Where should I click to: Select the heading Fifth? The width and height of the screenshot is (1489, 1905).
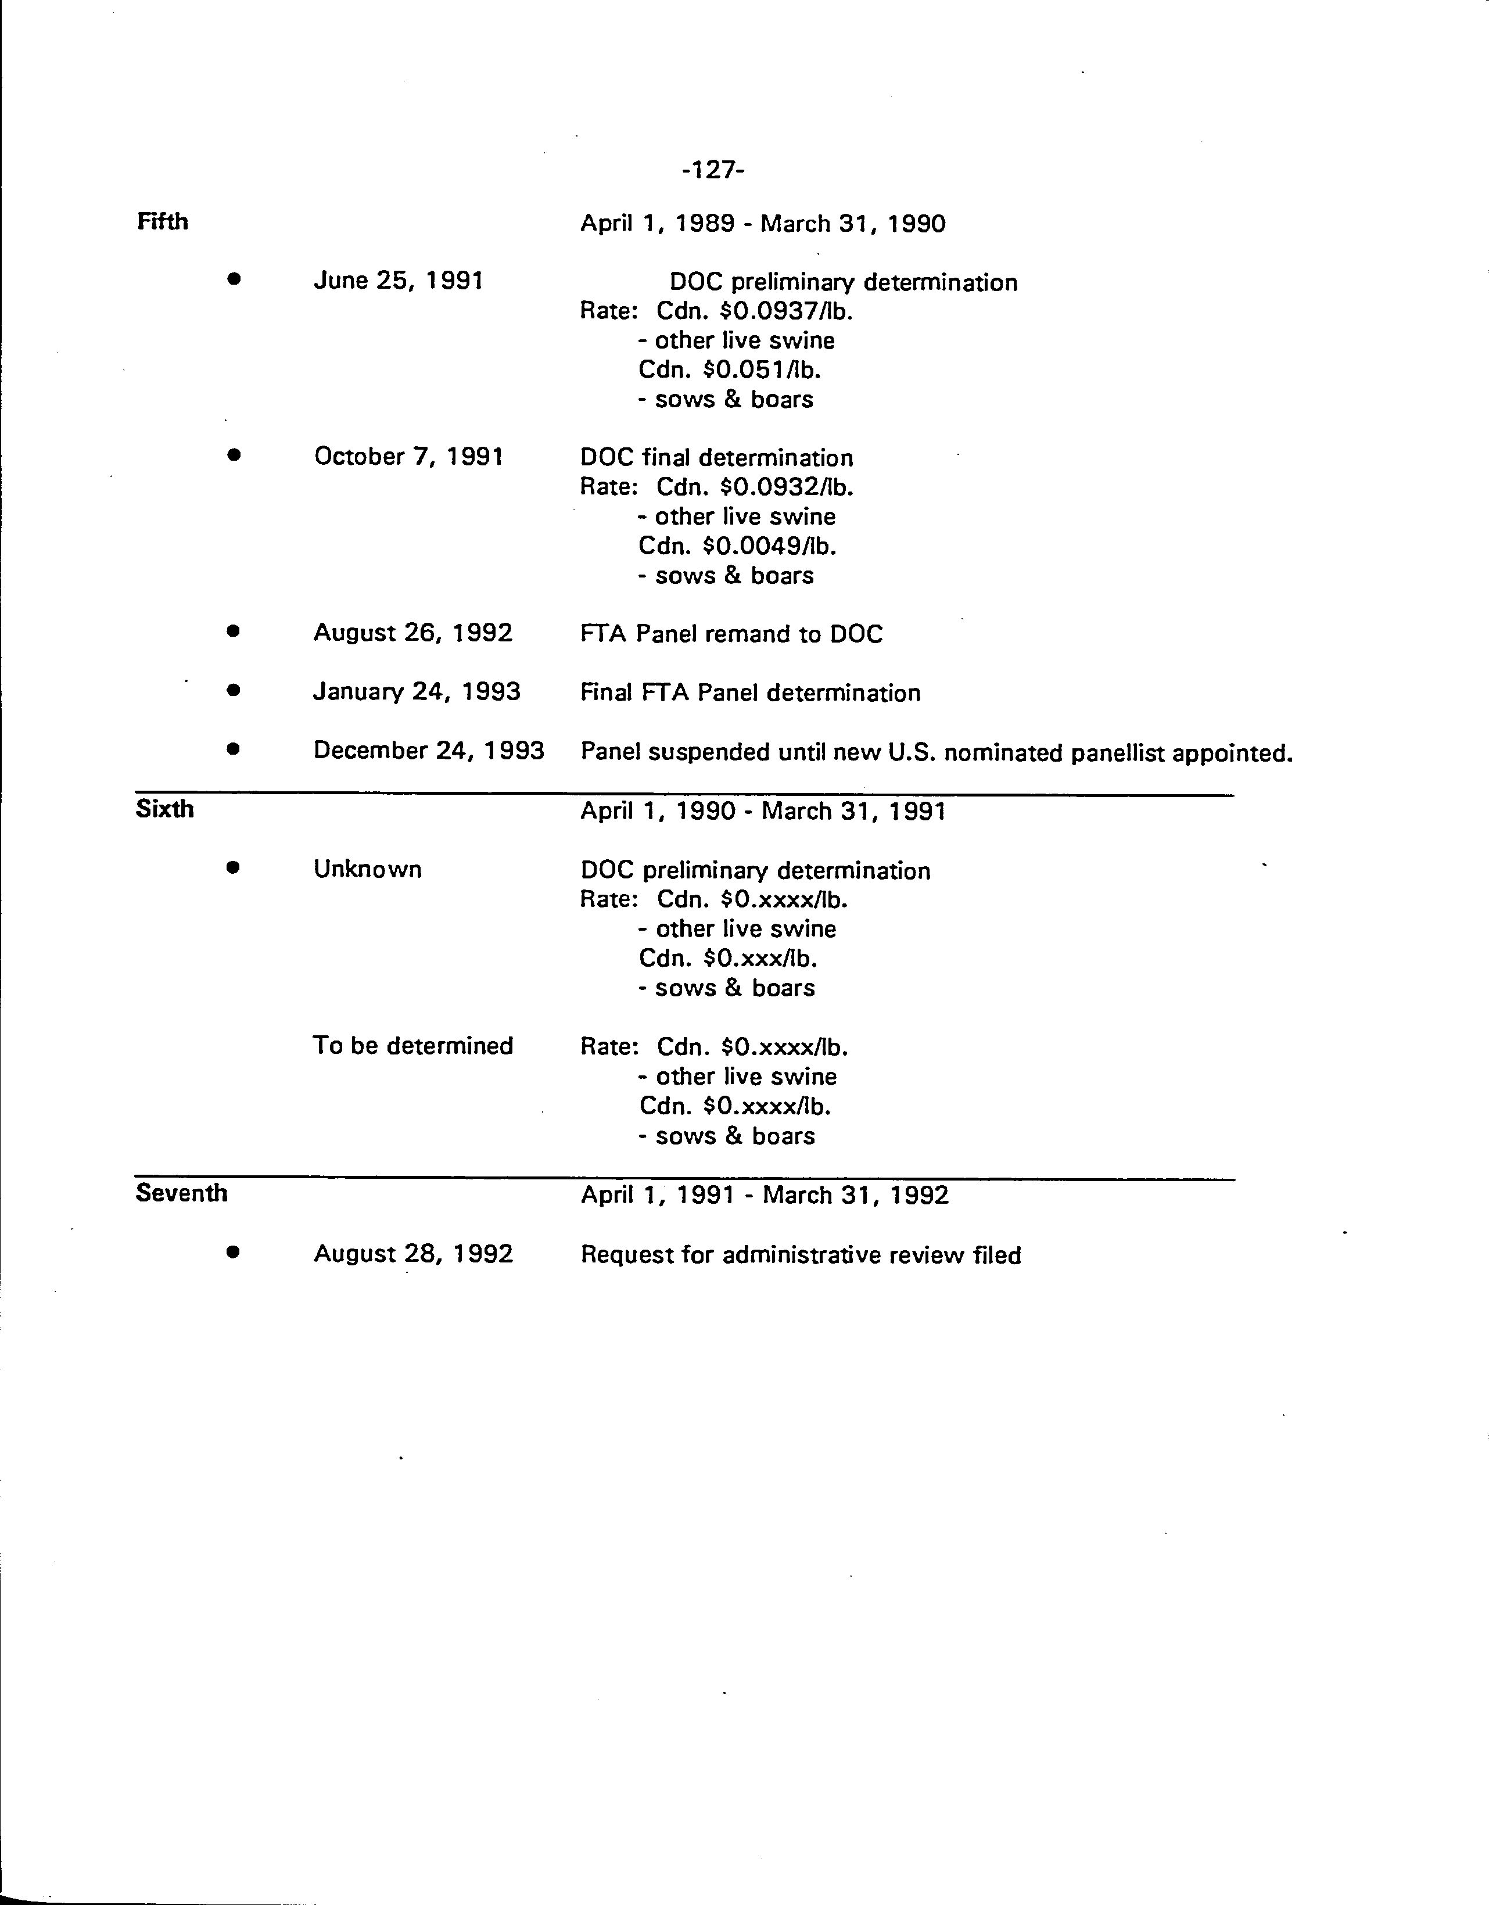[x=162, y=221]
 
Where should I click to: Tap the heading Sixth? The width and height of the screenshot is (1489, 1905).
[x=165, y=809]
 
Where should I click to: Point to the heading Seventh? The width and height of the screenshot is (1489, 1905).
[x=181, y=1192]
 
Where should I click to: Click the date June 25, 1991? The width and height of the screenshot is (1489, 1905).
[x=398, y=280]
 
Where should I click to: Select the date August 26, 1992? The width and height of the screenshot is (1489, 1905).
[x=412, y=632]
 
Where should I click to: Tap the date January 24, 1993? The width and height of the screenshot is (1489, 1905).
[x=417, y=692]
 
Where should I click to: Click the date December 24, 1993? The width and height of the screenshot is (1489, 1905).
[x=428, y=750]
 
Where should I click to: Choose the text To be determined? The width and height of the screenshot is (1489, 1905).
[x=412, y=1045]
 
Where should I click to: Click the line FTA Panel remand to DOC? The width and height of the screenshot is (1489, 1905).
[x=731, y=633]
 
